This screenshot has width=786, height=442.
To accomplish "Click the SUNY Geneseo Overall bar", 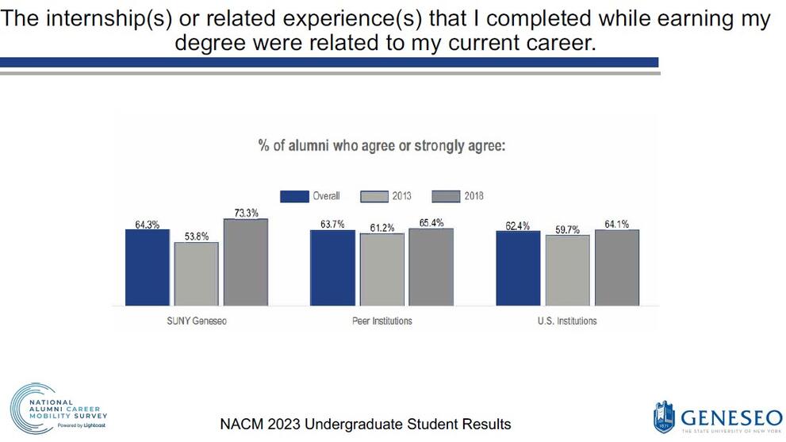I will tap(147, 267).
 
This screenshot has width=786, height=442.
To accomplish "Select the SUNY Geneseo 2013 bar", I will tap(196, 274).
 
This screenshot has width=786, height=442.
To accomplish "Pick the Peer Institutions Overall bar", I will tap(332, 267).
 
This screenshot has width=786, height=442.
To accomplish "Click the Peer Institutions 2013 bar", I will tap(381, 270).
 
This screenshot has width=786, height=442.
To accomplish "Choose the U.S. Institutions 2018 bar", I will tap(616, 267).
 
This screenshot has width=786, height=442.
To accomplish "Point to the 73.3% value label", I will tap(245, 212).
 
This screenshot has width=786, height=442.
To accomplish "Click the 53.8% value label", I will tap(196, 236).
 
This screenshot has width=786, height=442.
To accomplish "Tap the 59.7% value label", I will tap(567, 229).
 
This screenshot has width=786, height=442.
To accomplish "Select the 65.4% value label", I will tap(431, 222).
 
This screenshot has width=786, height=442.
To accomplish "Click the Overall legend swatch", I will tap(294, 196).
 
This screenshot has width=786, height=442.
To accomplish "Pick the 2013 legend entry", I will tap(386, 196).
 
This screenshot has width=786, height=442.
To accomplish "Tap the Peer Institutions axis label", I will tap(381, 321).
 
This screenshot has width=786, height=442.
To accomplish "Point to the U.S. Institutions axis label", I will tap(567, 321).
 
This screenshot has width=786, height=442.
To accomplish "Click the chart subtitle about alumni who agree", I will tap(381, 146).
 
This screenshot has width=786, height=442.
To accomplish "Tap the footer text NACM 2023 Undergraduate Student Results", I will tap(366, 424).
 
